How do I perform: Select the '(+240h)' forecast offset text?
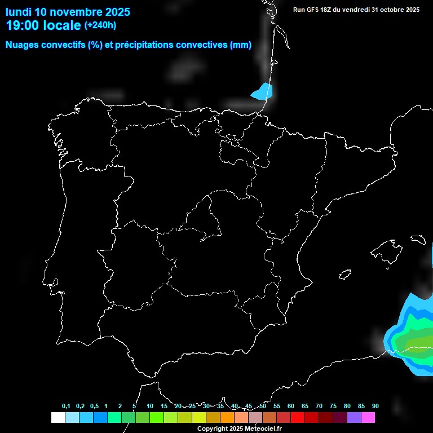click(100, 25)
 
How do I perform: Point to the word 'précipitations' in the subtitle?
click(143, 45)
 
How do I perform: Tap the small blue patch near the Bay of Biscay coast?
click(262, 92)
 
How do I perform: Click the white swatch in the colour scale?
click(58, 418)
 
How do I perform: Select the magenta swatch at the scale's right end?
click(368, 418)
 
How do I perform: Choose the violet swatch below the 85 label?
click(354, 418)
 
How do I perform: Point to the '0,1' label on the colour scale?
click(66, 407)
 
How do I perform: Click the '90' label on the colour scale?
click(375, 407)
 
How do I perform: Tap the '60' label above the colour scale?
click(290, 407)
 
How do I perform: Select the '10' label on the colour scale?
click(149, 407)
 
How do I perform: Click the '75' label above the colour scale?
click(333, 407)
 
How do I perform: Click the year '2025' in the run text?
click(412, 10)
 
